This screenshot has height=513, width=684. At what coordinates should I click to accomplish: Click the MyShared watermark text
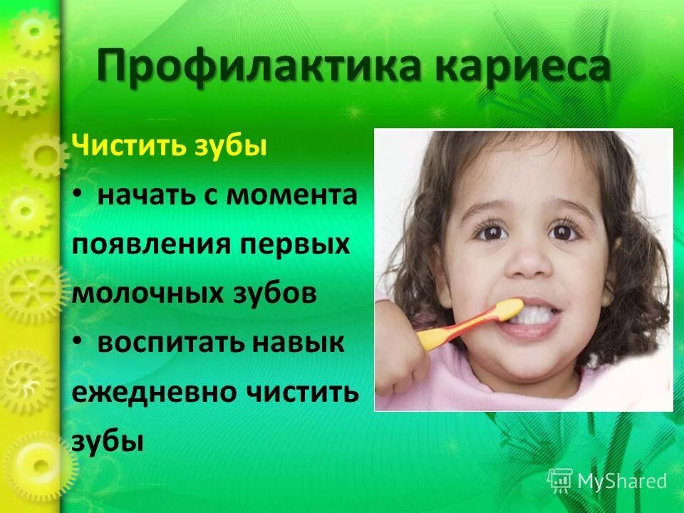click(x=622, y=481)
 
